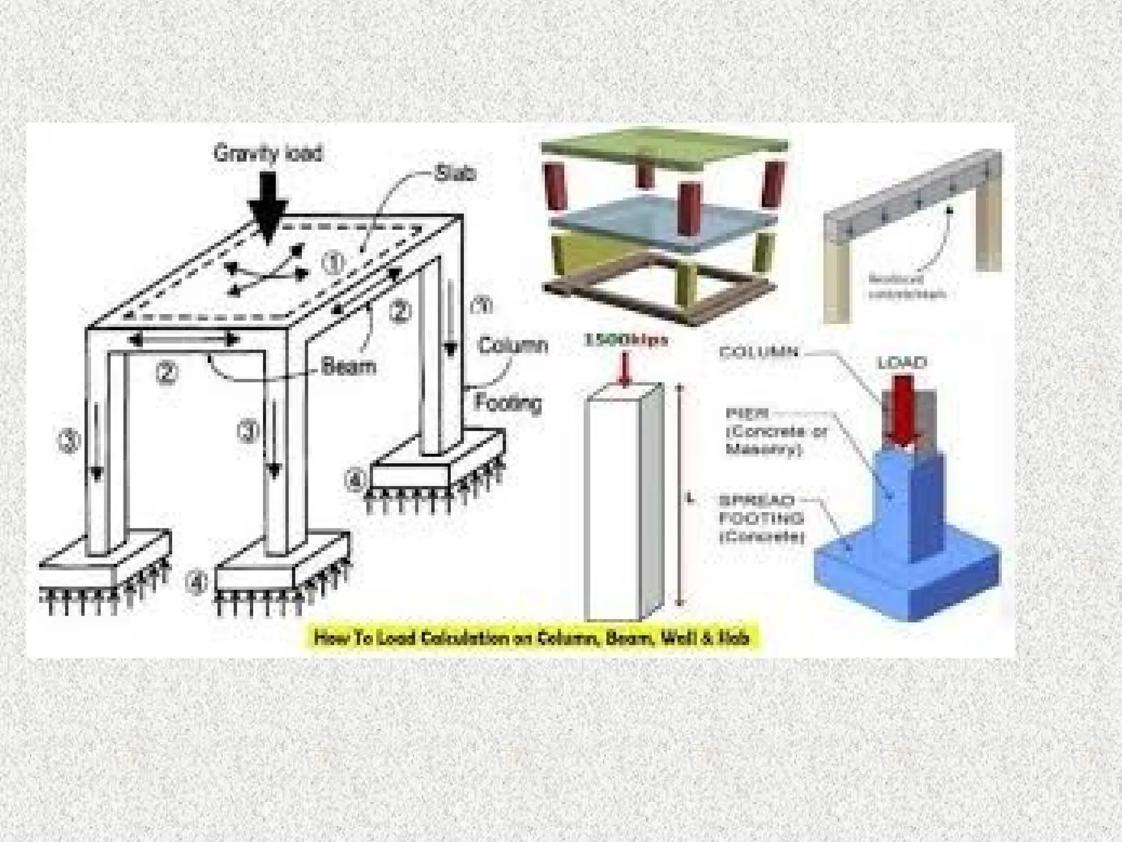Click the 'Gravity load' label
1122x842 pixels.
[x=268, y=153]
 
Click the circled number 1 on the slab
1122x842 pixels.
[x=334, y=264]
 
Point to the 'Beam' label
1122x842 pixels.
[x=348, y=366]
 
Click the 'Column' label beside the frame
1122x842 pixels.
[x=513, y=346]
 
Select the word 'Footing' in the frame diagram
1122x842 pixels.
[x=508, y=402]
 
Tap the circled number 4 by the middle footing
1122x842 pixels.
[x=196, y=582]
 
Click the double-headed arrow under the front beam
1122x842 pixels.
[x=185, y=339]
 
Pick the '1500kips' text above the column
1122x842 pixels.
[x=627, y=340]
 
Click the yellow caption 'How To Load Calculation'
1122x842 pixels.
[x=531, y=638]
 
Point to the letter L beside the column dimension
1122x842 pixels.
[x=691, y=499]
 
